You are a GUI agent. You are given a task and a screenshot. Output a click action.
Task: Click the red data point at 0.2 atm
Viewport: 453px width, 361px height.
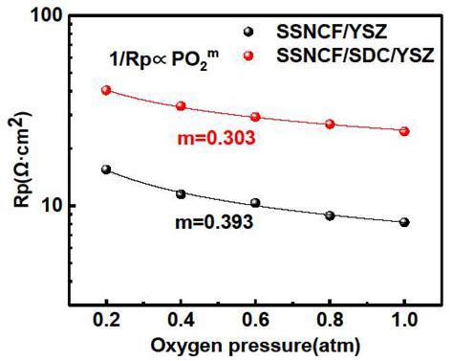[x=106, y=90]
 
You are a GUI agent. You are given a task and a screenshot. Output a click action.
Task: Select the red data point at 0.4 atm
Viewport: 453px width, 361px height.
[x=181, y=106]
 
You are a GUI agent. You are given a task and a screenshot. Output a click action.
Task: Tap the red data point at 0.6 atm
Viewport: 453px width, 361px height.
[x=255, y=117]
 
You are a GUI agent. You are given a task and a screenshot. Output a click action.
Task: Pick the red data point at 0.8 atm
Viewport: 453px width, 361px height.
[x=330, y=124]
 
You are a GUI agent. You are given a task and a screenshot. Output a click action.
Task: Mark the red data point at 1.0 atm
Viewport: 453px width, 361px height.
[x=404, y=131]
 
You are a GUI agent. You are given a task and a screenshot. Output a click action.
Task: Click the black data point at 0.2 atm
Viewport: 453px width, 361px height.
[x=106, y=169]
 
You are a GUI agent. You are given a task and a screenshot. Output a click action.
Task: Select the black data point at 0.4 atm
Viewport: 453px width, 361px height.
[x=181, y=193]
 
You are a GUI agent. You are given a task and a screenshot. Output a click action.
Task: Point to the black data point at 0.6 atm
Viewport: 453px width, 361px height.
[x=255, y=203]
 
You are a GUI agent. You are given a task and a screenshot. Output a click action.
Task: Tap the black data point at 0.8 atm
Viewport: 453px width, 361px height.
[x=330, y=215]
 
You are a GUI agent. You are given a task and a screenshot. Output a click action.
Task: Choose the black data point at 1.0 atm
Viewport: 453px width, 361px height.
[x=404, y=222]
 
